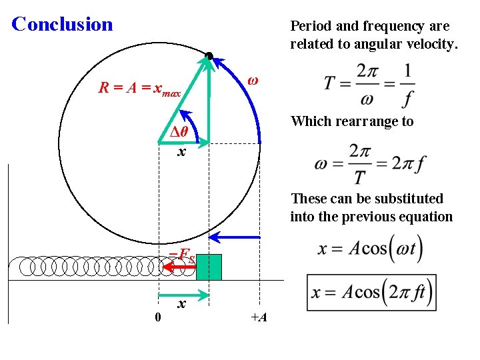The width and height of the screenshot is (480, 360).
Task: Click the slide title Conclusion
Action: [x=63, y=25]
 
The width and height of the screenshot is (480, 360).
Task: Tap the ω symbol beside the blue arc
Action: [x=253, y=80]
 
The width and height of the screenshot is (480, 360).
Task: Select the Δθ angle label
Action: [x=178, y=131]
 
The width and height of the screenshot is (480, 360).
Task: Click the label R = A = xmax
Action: [x=139, y=87]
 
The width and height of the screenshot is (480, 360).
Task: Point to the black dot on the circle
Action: [x=209, y=56]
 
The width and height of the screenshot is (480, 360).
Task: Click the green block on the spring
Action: [x=209, y=267]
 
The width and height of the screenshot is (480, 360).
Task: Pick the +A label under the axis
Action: [x=259, y=317]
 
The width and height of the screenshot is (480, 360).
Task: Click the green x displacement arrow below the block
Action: [x=183, y=294]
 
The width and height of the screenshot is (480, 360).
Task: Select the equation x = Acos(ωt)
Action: [x=371, y=249]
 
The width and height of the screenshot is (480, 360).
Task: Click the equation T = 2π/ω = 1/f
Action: [x=369, y=85]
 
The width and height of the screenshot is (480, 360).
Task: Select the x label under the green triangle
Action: [x=181, y=152]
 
